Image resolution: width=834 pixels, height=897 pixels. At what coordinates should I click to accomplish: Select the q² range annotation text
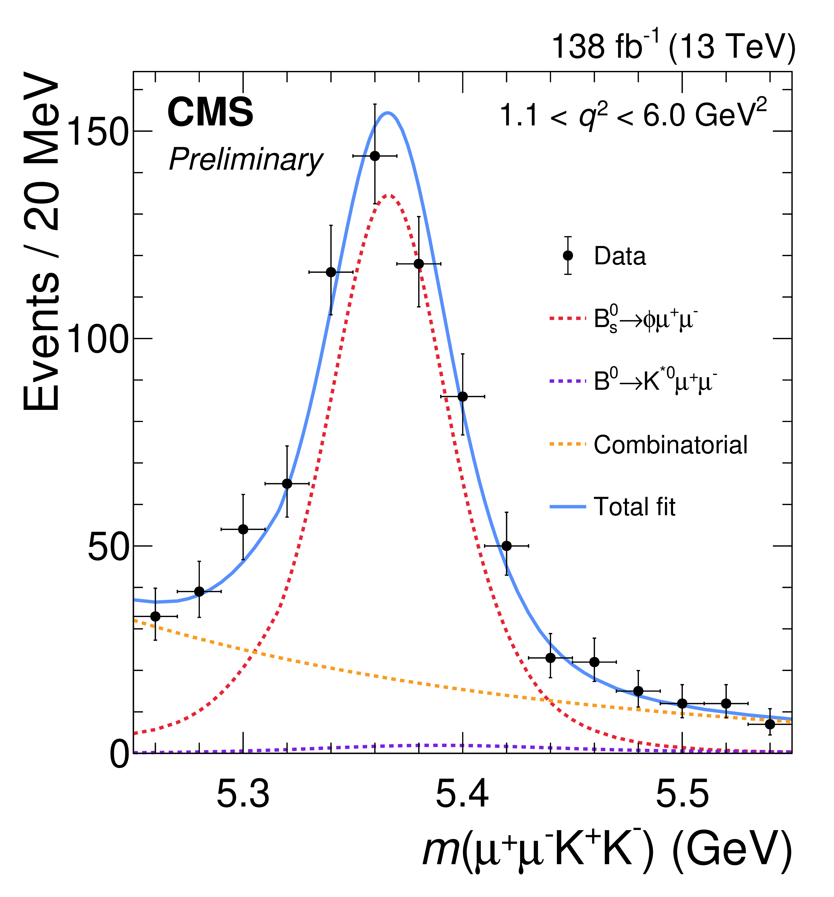coord(633,115)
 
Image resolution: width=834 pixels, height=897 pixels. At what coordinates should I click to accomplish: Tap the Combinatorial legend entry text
coord(671,445)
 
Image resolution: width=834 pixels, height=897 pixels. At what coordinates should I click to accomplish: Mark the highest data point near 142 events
coord(375,156)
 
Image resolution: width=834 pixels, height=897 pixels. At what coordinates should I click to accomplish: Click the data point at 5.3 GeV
coord(243,529)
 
